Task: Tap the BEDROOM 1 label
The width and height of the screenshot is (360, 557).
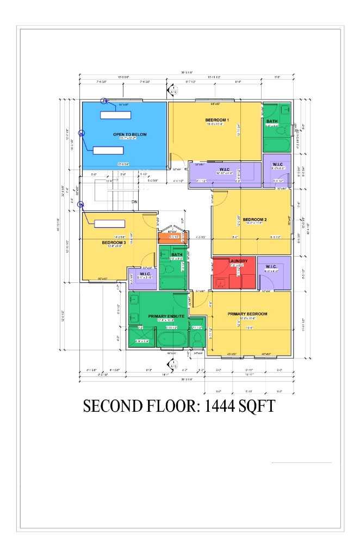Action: [217, 120]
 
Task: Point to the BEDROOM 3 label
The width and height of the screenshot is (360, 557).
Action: [114, 243]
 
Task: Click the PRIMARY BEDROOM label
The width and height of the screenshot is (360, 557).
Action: [247, 314]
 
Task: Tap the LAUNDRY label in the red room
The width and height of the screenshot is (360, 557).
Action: [238, 261]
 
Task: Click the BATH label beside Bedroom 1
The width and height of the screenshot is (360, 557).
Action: [272, 121]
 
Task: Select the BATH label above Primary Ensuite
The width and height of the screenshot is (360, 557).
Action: [177, 254]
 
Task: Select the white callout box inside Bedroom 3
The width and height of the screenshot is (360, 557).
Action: [110, 224]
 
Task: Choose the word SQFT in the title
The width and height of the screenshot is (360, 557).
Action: [257, 406]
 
